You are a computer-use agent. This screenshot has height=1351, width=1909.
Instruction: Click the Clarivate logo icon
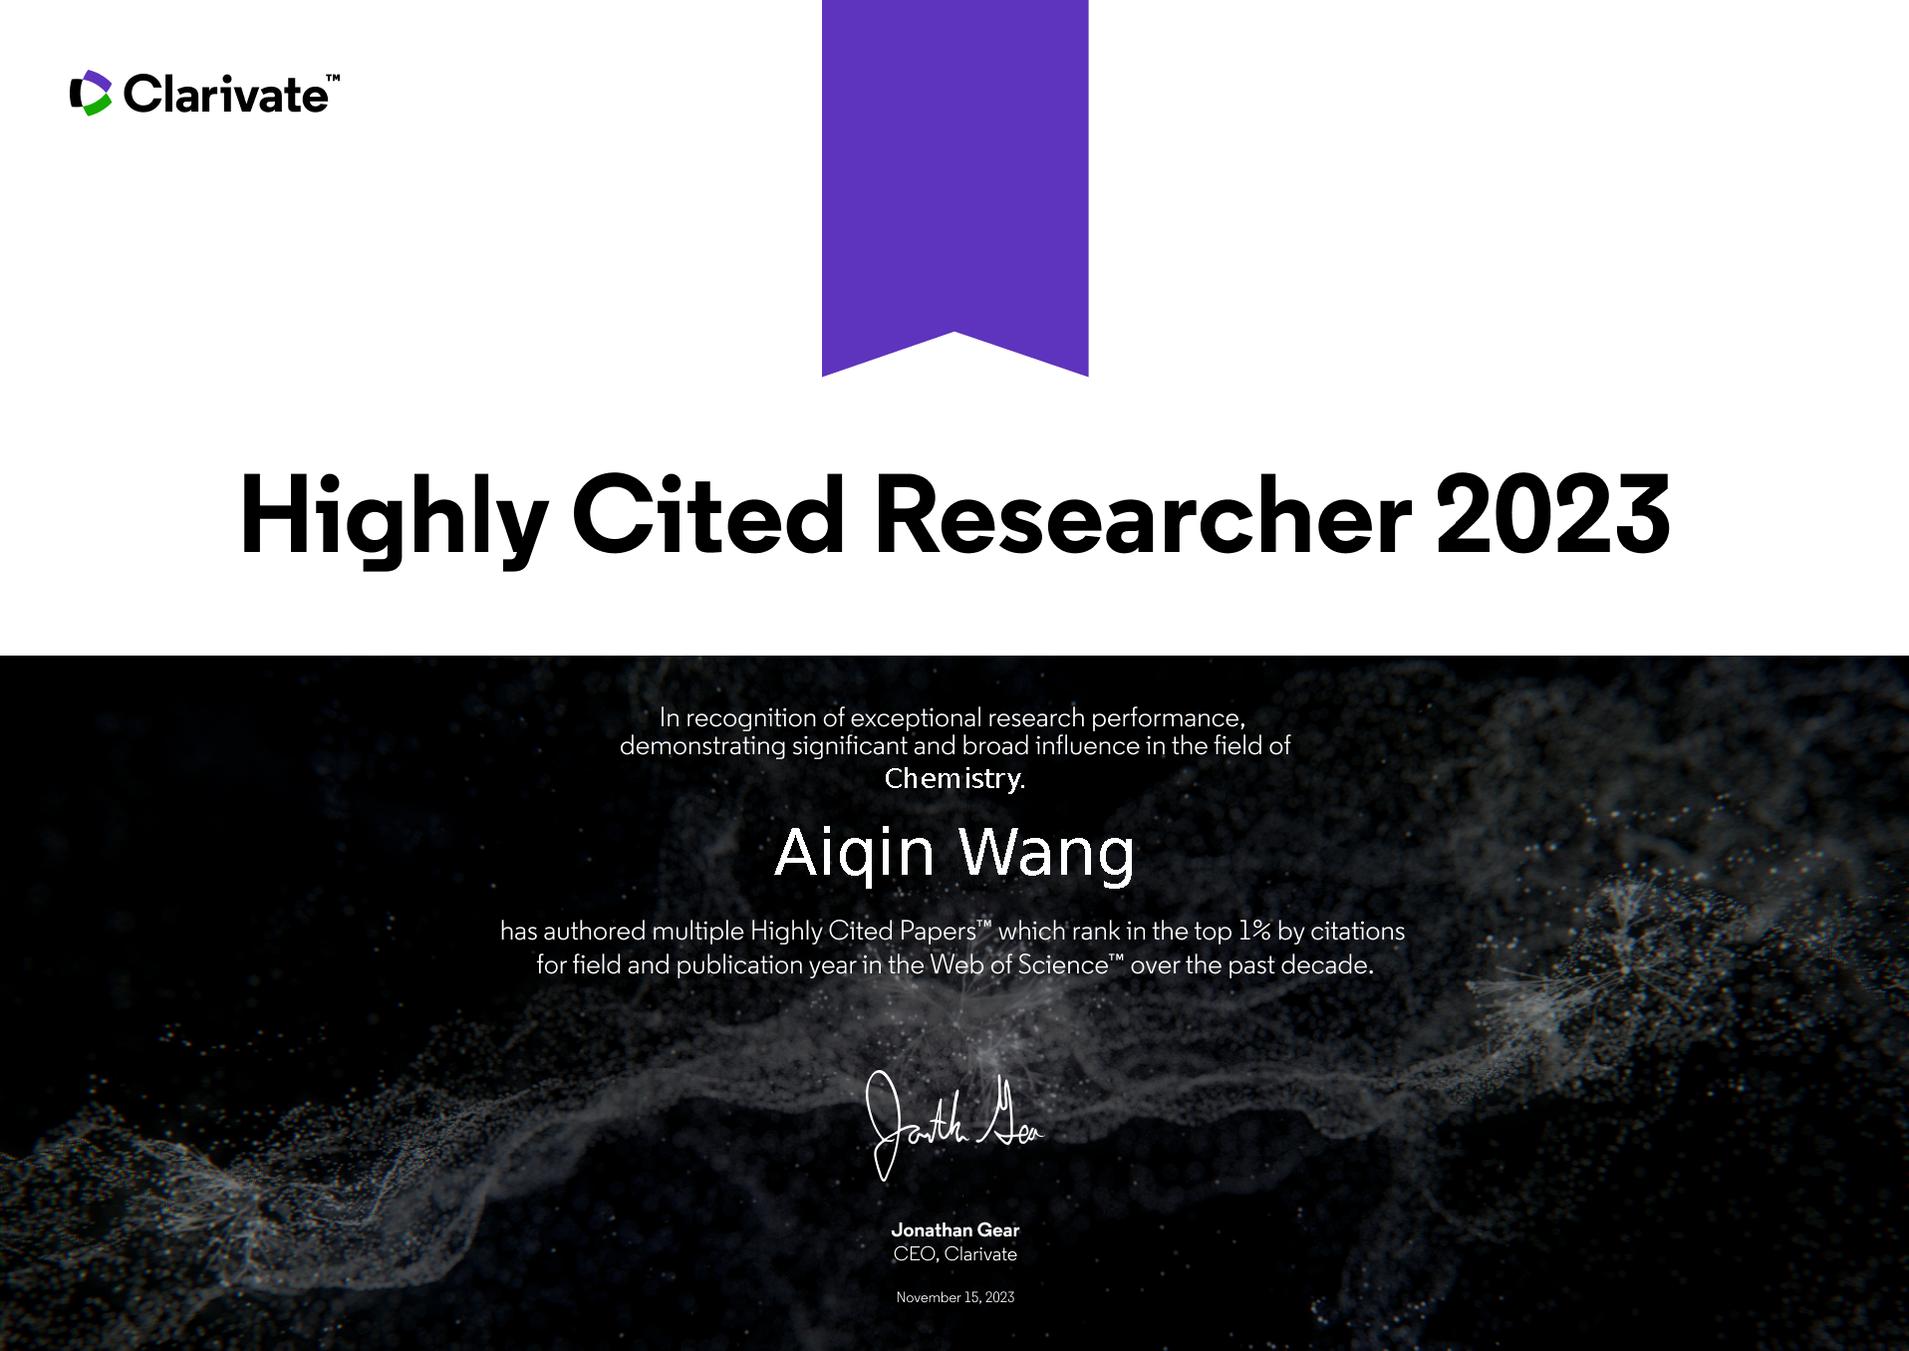click(x=91, y=94)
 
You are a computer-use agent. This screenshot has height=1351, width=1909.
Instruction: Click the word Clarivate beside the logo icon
click(x=225, y=95)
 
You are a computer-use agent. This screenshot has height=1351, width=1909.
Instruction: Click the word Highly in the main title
click(x=395, y=516)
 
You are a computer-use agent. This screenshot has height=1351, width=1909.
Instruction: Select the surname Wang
click(x=1046, y=854)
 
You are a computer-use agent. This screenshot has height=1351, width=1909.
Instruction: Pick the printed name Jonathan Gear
click(x=954, y=1230)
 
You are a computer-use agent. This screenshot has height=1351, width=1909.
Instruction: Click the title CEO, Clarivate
click(x=954, y=1254)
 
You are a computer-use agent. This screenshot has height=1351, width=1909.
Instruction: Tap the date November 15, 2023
click(x=954, y=1297)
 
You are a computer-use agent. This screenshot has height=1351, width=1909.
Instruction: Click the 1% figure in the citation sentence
click(x=1254, y=931)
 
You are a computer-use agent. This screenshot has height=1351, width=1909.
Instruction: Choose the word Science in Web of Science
click(x=1062, y=965)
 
